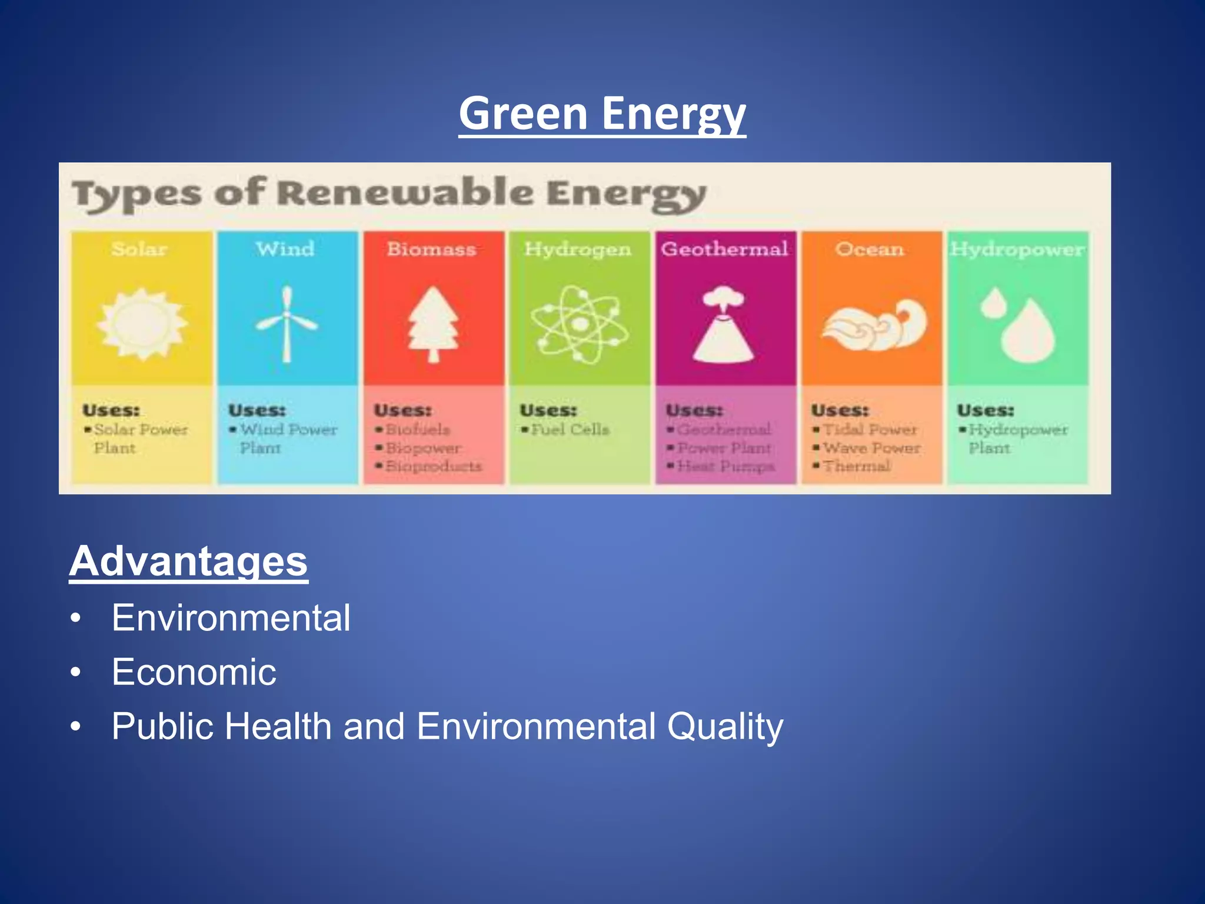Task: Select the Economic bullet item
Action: pos(194,672)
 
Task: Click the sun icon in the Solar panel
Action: pos(142,324)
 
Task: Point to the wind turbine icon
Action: pos(287,324)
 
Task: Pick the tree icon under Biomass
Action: pos(434,324)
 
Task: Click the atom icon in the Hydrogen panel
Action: pos(580,324)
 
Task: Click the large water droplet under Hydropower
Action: pos(1028,333)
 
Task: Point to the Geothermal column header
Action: pos(724,249)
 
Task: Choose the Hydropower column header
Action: pos(1017,249)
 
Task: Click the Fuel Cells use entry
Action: pos(570,430)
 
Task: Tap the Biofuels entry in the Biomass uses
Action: pos(417,430)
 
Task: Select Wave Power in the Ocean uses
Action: pos(871,448)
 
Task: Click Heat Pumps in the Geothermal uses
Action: pos(725,466)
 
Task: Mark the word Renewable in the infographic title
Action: pos(405,192)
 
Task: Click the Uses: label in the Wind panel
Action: pos(257,410)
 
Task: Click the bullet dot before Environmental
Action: pos(75,619)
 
